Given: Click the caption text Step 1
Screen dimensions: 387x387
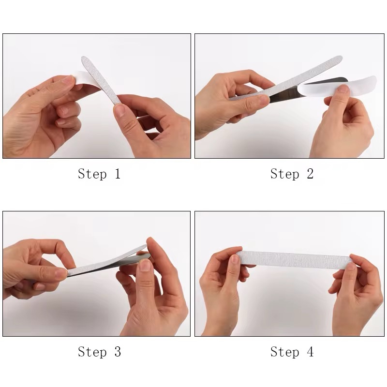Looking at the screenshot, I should point(99,174).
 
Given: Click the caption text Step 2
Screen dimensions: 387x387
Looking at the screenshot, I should point(292,174).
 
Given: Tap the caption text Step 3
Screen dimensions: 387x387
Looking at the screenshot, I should point(99,352).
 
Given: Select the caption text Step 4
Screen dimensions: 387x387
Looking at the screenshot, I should point(292,352).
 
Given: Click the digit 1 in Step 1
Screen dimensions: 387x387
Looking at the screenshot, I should point(117,174).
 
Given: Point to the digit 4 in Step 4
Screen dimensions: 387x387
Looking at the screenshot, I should point(309,352).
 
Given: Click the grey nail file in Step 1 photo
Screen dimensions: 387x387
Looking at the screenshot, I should point(104,82).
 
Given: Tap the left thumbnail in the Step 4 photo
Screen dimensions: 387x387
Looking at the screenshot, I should point(235,259).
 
